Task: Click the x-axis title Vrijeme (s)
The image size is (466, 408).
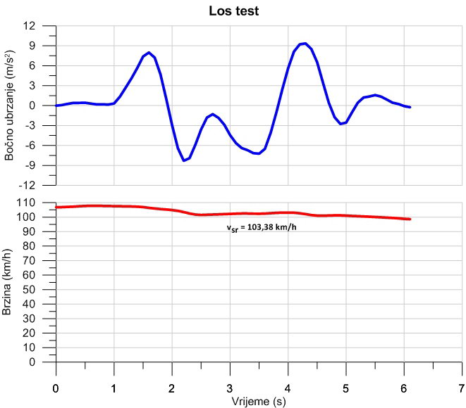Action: [x=259, y=401]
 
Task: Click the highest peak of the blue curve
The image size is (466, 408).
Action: [x=304, y=44]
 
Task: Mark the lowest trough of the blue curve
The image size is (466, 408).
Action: [x=184, y=160]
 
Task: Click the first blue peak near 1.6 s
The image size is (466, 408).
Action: [x=149, y=53]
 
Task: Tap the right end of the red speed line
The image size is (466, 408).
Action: [x=410, y=219]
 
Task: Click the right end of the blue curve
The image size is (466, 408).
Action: [x=410, y=107]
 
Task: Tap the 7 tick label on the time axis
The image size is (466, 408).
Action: [x=461, y=388]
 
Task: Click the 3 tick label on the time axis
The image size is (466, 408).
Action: [x=230, y=388]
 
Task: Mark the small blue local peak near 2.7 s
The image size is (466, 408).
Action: [x=213, y=114]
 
